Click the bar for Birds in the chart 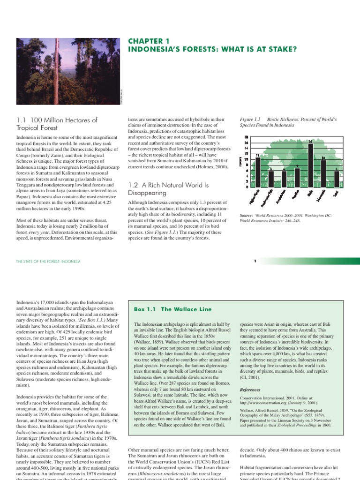310,165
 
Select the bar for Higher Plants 258,172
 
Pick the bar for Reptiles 297,177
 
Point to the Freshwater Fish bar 271,179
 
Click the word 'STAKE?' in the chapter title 282,49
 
